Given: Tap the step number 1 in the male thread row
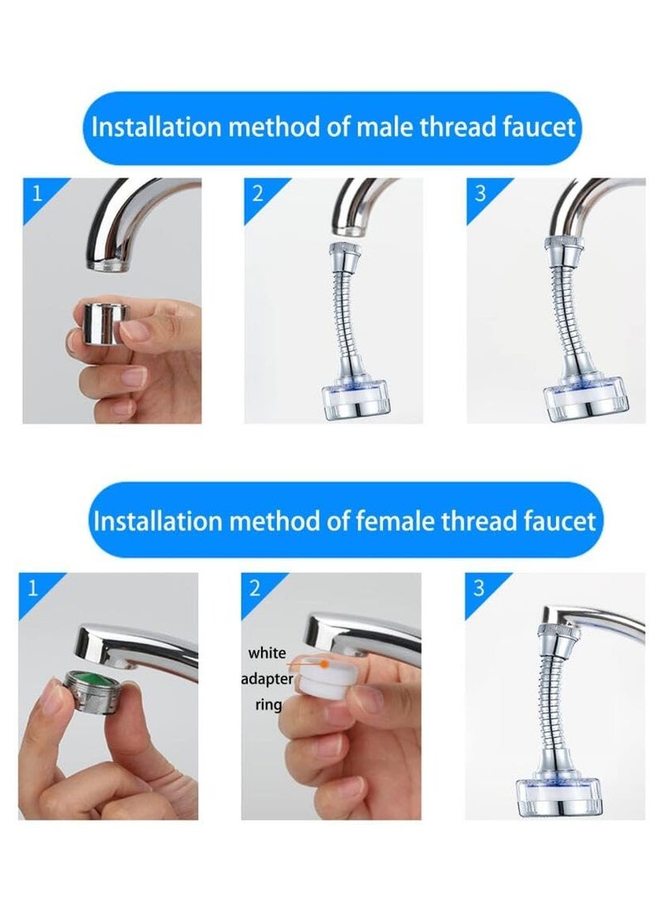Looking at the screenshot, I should [36, 196].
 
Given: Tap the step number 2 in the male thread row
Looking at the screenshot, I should [257, 195].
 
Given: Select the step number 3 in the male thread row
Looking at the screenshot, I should [480, 195].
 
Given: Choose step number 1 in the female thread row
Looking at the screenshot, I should [32, 589].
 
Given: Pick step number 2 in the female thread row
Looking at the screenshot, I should [255, 589].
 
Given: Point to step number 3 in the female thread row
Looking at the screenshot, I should [478, 589].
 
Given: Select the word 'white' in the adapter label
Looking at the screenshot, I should [267, 654].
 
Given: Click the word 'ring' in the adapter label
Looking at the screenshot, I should [268, 705].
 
